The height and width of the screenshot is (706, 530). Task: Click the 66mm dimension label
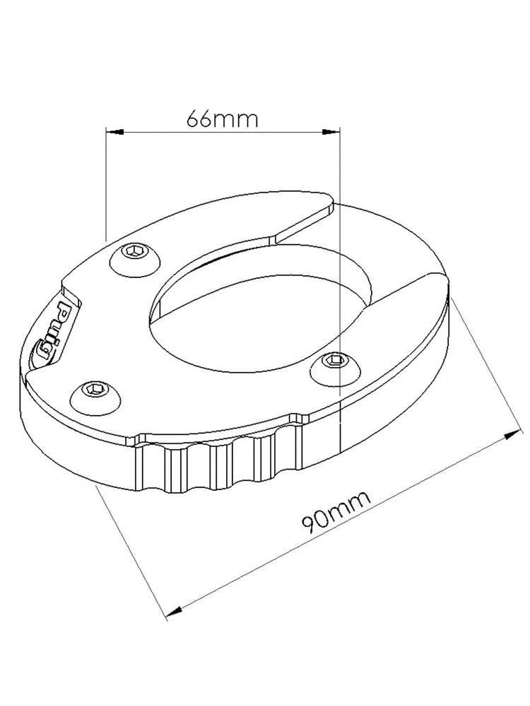tap(223, 119)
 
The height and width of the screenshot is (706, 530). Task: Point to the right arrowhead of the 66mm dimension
tap(334, 131)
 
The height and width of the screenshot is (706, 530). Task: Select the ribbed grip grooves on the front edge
tap(219, 462)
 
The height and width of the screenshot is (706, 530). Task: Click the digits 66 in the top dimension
tap(199, 119)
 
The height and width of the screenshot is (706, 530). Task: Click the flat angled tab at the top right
tap(304, 219)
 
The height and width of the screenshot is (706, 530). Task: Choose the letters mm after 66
tap(236, 119)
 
